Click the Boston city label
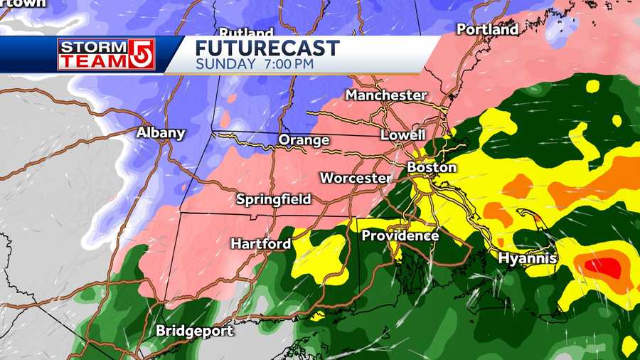pos(432,168)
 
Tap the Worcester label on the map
pos(355,178)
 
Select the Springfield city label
pos(274,199)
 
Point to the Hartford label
pos(260,244)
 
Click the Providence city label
pos(400,235)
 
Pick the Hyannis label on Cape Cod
pos(527,258)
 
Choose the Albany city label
pos(161,133)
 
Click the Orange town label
pos(304,140)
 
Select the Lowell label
pos(402,134)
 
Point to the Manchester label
pos(386,95)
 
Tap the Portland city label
pos(487,30)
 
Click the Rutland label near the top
pos(246,33)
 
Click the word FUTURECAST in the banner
pos(267,48)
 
